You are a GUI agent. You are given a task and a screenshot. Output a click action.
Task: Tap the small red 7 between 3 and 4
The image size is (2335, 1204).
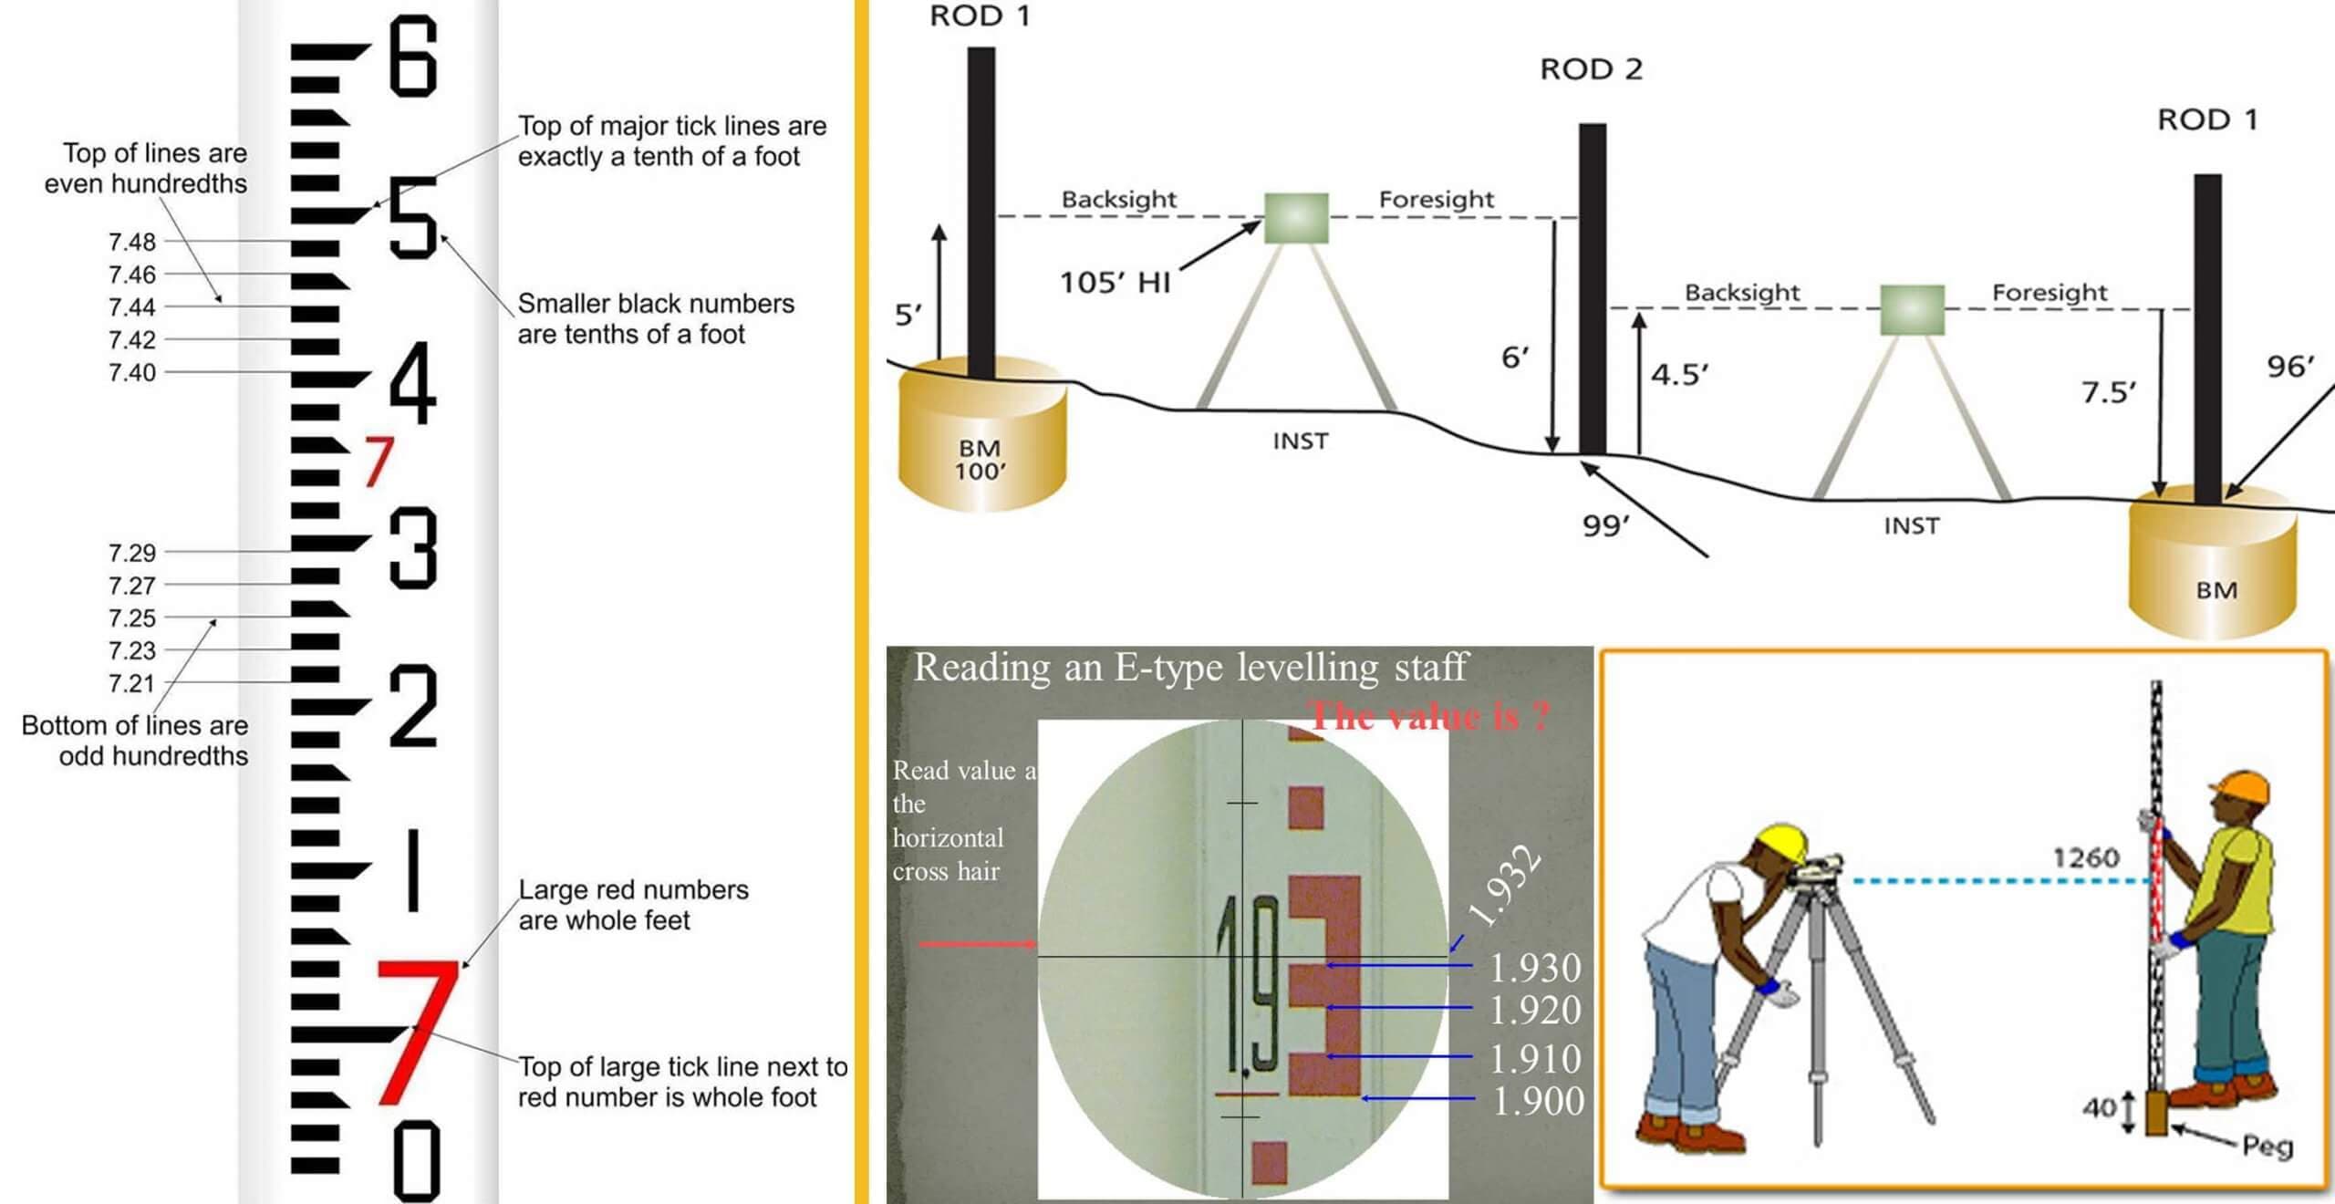point(379,461)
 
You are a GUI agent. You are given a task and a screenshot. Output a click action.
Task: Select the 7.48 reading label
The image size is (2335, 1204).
point(132,242)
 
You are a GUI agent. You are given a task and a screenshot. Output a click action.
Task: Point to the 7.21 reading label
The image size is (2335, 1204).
point(132,683)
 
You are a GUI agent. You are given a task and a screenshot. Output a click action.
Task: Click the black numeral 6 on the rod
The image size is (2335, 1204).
point(413,57)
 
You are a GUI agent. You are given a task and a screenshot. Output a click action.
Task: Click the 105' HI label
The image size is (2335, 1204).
point(1115,283)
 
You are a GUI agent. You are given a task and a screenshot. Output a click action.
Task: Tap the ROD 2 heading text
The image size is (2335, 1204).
point(1591,69)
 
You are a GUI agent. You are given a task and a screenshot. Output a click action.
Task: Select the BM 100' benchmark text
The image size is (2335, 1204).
point(980,460)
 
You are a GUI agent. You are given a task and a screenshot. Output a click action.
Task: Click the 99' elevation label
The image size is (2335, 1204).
point(1605,526)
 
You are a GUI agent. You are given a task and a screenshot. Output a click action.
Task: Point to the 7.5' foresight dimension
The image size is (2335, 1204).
point(2108,392)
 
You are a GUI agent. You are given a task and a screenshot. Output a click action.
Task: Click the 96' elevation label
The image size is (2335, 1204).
point(2290,367)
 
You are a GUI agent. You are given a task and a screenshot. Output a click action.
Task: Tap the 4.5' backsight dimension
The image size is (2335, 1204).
point(1679,375)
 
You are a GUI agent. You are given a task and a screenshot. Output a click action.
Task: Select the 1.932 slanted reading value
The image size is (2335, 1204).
point(1505,887)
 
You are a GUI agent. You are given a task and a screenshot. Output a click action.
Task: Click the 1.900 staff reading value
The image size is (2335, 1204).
point(1538,1101)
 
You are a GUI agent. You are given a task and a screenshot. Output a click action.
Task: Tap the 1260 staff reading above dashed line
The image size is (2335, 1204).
point(2086,857)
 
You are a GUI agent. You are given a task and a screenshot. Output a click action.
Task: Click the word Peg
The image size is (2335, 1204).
point(2268,1146)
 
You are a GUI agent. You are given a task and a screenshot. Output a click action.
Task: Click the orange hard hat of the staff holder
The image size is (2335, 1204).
point(2240,786)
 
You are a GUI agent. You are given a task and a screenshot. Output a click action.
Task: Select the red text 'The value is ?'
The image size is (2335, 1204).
point(1429,716)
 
